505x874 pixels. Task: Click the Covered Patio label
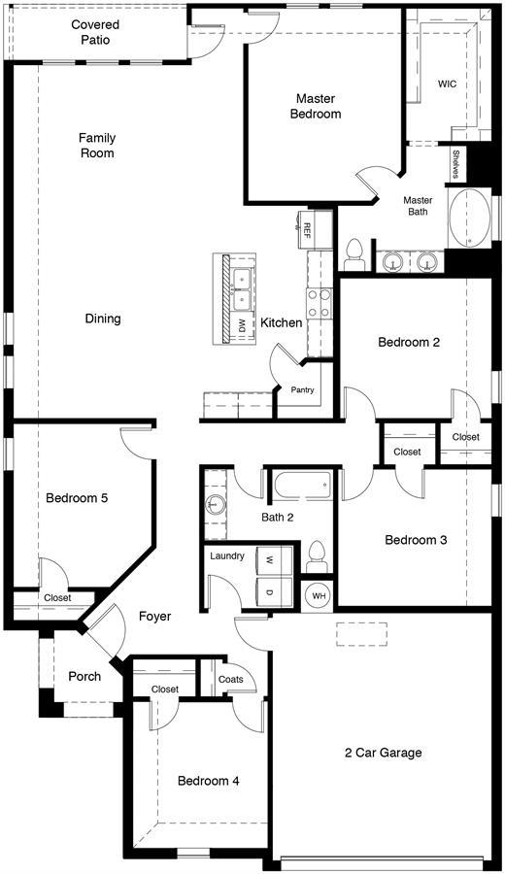click(x=95, y=32)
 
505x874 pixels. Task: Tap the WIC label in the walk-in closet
click(x=447, y=84)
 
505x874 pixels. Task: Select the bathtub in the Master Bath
click(x=469, y=218)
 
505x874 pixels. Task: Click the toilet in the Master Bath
click(x=354, y=255)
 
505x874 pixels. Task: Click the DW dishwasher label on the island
click(x=242, y=326)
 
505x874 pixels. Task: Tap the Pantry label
click(x=302, y=389)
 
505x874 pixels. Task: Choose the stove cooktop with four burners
click(x=319, y=303)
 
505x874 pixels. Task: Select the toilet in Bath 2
click(x=318, y=556)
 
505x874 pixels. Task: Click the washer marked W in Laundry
click(x=274, y=559)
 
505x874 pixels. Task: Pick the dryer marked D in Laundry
click(x=274, y=592)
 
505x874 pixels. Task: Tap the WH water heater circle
click(x=319, y=596)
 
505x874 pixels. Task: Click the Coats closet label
click(x=231, y=679)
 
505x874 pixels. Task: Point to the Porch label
click(x=84, y=676)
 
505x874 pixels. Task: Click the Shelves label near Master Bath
click(x=455, y=164)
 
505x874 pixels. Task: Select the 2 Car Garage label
click(x=383, y=753)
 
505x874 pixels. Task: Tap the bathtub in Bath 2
click(x=302, y=485)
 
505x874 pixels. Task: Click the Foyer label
click(x=155, y=617)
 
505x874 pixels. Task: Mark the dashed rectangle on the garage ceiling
click(x=361, y=634)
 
